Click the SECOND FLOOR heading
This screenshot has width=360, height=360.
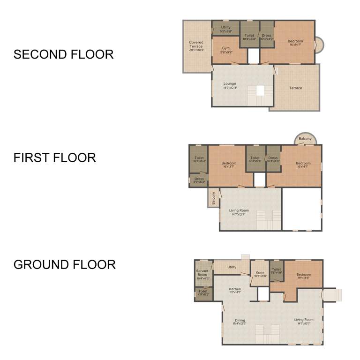pos(63,54)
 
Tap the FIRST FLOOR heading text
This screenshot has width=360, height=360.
pos(54,157)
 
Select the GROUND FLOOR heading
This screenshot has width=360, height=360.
pos(64,264)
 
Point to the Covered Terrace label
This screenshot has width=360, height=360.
pos(196,45)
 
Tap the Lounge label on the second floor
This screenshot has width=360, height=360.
pos(230,85)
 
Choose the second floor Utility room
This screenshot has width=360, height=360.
pos(225,29)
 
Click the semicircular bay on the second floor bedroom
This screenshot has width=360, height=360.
pos(319,45)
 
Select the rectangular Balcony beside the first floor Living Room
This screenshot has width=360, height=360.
pos(213,199)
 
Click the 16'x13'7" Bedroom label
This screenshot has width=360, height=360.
pos(229,165)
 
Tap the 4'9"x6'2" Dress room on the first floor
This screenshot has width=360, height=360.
pos(199,180)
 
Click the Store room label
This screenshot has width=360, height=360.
pos(260,274)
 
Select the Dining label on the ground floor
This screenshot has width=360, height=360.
pos(240,322)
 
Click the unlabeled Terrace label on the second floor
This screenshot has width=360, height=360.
pos(295,88)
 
